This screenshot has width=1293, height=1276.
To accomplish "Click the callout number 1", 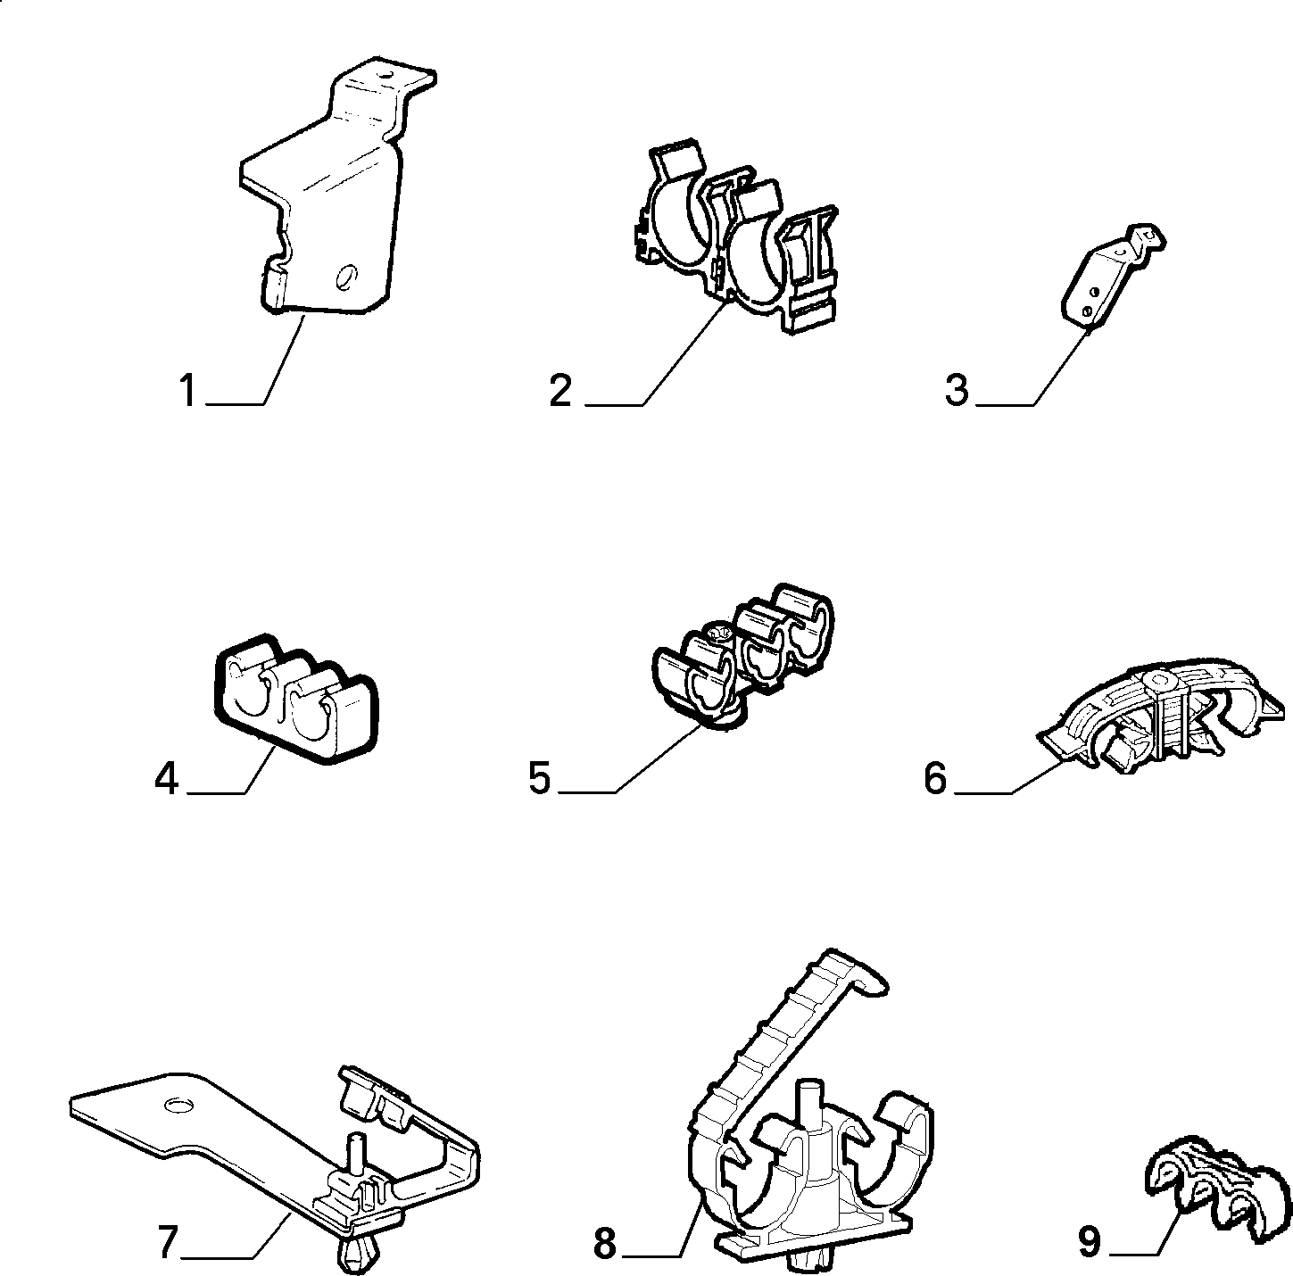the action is [x=187, y=391].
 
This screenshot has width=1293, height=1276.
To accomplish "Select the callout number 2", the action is [x=560, y=391].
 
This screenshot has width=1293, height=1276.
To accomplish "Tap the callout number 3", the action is [x=957, y=391].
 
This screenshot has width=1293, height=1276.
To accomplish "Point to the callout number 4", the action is [x=166, y=779].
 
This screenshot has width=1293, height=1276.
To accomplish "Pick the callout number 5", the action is [x=540, y=779].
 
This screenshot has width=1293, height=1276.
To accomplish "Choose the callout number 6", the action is [x=935, y=779].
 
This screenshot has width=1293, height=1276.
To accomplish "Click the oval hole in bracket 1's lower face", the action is [x=346, y=276].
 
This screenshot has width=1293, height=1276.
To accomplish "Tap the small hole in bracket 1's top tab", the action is [x=385, y=74].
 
